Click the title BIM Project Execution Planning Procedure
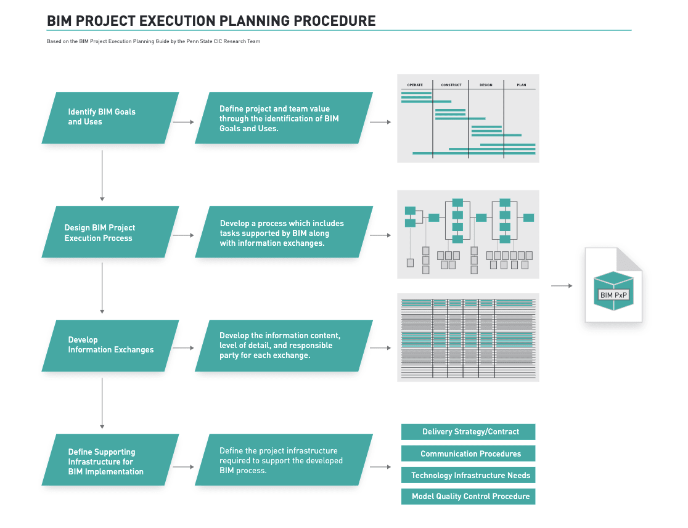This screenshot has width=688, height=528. point(211,21)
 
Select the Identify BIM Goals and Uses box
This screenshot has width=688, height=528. point(110,117)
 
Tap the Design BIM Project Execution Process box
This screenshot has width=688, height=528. point(110,232)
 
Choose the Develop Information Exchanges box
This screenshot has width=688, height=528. point(110,345)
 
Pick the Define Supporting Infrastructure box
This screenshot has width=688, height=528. point(110,461)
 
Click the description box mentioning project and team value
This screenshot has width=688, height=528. point(284,118)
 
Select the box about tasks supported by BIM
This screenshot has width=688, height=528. point(284,233)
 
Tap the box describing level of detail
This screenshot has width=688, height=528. point(284,346)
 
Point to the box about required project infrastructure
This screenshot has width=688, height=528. point(284,460)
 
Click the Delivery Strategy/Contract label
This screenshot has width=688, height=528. point(469,432)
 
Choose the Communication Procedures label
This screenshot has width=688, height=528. point(469,454)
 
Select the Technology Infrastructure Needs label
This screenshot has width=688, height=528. point(469,476)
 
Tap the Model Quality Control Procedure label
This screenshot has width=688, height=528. point(469,497)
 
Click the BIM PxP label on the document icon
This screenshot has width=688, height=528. point(613,295)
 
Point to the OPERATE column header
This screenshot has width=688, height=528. point(415,84)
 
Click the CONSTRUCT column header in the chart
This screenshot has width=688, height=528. point(451,84)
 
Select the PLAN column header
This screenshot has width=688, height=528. point(521,84)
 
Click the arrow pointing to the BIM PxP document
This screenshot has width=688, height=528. point(562,286)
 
